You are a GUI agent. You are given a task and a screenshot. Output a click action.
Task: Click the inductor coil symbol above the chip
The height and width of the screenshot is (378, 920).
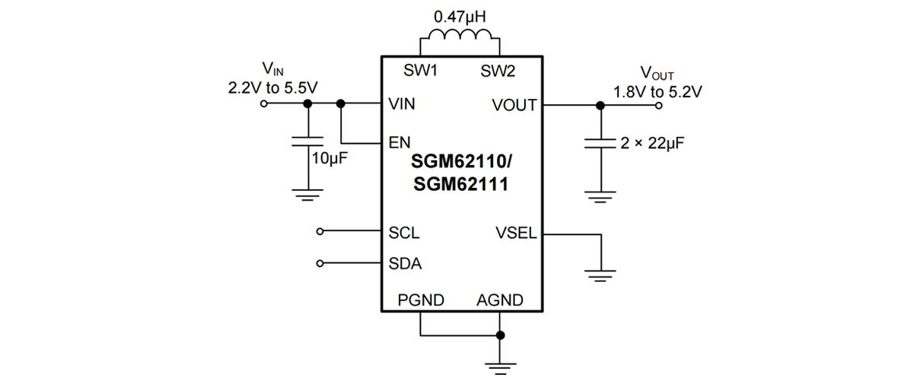[x=460, y=37]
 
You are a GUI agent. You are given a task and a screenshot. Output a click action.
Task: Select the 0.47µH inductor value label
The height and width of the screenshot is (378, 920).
[x=460, y=15]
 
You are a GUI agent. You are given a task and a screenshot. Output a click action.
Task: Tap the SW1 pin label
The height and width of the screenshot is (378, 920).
[x=421, y=71]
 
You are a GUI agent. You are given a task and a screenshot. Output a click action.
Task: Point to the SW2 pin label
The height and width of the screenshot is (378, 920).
[x=498, y=71]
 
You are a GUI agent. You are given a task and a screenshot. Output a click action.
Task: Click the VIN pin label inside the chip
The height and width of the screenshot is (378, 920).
[x=402, y=105]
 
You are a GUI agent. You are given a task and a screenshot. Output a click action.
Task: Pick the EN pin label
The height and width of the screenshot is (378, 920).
[x=399, y=142]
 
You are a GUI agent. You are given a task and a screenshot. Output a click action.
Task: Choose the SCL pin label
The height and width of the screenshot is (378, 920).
[x=404, y=232]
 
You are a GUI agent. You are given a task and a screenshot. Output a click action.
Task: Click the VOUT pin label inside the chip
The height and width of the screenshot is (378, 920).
[x=514, y=105]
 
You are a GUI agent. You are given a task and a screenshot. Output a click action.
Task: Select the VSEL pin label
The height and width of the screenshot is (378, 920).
[x=516, y=233]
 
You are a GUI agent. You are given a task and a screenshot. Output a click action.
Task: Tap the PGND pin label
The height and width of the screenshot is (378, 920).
[x=421, y=300]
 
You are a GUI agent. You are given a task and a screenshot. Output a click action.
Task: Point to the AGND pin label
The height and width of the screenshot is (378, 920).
[x=500, y=300]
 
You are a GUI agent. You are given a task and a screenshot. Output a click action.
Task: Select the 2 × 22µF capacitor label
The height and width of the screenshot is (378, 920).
[x=647, y=142]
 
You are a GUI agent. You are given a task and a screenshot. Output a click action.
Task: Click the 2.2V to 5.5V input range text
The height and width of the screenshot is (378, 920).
[x=272, y=87]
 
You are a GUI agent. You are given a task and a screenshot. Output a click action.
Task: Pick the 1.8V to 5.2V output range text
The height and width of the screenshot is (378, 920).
[x=658, y=91]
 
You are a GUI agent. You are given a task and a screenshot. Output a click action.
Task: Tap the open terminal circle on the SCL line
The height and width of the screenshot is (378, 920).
[x=320, y=232]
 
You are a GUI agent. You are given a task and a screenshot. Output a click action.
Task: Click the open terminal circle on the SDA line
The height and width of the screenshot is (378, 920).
[x=320, y=264]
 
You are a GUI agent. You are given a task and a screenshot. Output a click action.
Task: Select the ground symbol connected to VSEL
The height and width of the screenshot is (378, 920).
[x=601, y=275]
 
